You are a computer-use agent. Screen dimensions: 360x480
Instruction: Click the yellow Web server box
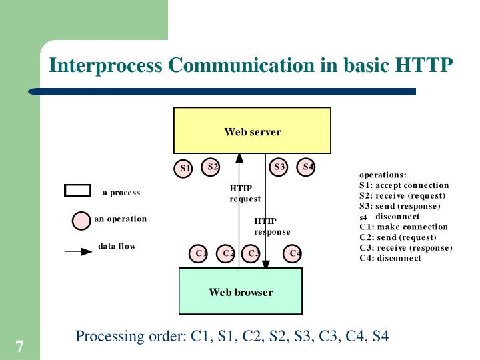point(252,131)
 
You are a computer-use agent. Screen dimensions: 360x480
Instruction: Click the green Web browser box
point(241,291)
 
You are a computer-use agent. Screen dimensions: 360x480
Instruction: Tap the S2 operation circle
point(211,167)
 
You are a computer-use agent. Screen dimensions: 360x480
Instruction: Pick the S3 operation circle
point(279,167)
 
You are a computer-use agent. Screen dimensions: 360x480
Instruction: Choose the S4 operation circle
point(307,167)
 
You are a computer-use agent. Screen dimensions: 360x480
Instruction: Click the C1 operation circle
point(198,253)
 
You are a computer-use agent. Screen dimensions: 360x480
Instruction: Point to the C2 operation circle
point(227,253)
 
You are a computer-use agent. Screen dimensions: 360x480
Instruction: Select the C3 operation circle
point(252,253)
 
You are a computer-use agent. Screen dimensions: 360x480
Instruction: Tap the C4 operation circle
point(293,253)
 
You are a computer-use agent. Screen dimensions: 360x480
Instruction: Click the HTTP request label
point(245,193)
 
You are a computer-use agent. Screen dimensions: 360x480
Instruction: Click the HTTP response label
point(271,227)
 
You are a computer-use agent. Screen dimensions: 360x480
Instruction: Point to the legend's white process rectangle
point(77,191)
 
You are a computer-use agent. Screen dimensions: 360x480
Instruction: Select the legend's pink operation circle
point(81,220)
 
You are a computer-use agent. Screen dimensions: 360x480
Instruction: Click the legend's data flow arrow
point(78,251)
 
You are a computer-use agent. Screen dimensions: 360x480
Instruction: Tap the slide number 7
point(19,347)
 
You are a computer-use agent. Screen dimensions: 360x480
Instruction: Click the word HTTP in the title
point(425,65)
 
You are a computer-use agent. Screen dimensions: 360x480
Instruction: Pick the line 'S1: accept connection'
point(404,185)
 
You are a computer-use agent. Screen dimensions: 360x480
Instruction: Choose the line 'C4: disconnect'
point(390,258)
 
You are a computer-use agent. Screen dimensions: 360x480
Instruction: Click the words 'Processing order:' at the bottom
point(131,335)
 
